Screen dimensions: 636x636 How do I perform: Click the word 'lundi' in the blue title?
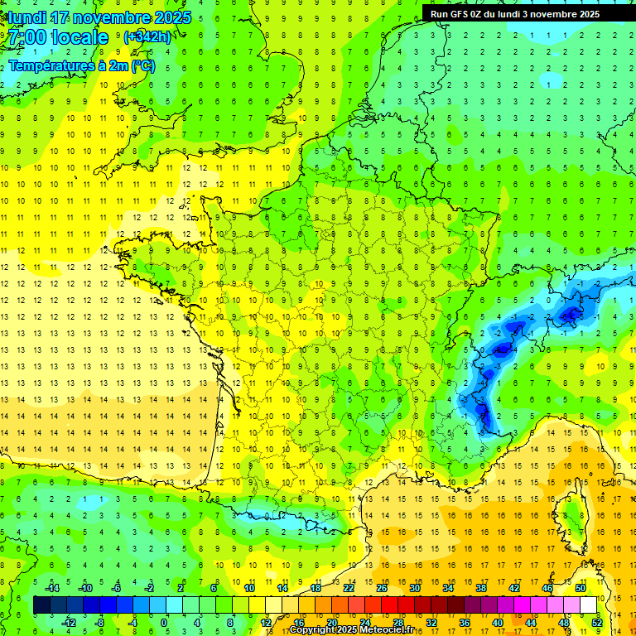pos(26,17)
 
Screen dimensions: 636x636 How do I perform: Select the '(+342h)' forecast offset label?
pos(147,37)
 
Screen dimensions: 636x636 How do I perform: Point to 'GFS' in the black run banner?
pos(463,14)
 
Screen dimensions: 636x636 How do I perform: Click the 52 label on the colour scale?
pos(597,623)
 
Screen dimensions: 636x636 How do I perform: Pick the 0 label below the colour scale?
pos(164,623)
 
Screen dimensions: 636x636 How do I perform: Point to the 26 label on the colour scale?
pos(381,588)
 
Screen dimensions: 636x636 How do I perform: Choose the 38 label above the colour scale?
pos(480,588)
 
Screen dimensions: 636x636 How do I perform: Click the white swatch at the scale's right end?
pos(589,605)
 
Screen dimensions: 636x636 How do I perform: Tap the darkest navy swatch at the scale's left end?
pos(41,605)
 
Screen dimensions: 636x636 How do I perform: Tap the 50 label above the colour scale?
pos(580,588)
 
